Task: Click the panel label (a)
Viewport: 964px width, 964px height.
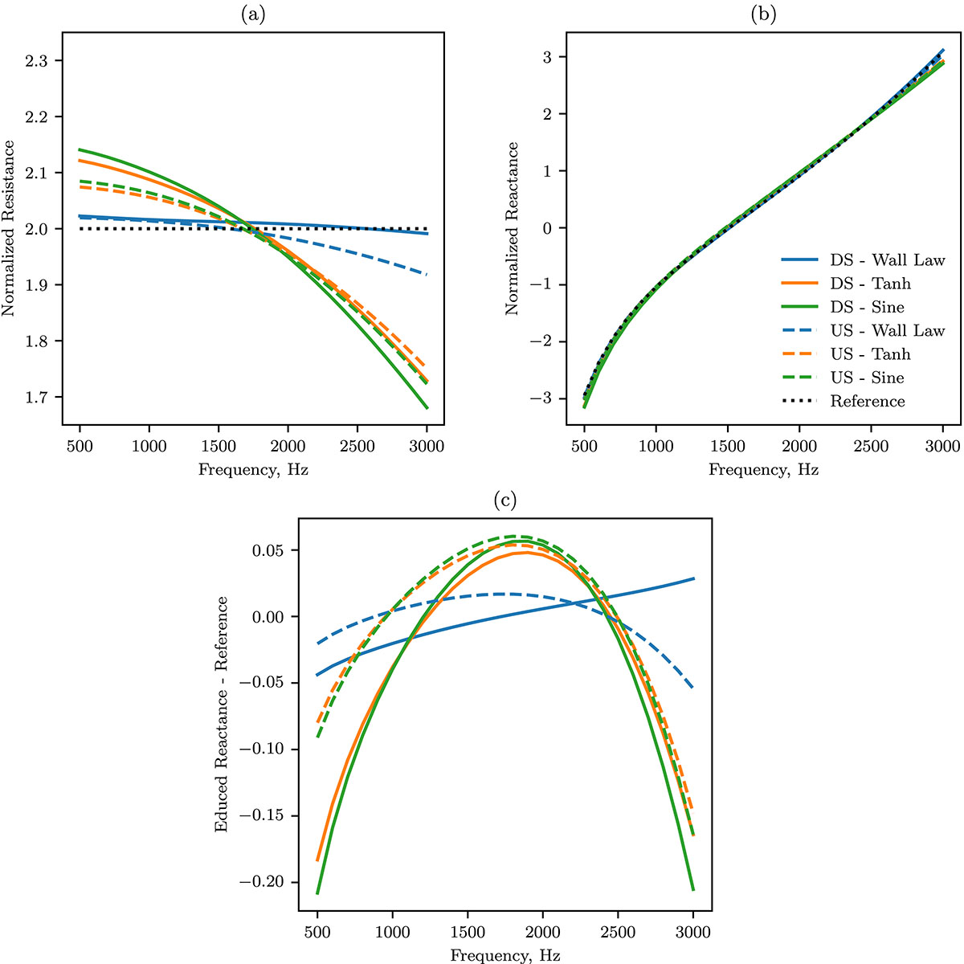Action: point(252,15)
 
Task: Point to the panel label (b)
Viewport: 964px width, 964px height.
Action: point(763,15)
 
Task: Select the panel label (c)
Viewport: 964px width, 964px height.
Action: point(504,500)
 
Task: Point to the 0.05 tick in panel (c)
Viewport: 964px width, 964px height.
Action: point(268,551)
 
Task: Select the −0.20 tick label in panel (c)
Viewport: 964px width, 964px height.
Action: point(262,882)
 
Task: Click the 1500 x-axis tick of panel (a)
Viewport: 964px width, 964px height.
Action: point(219,446)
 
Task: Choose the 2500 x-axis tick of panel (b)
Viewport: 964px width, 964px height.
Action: point(871,446)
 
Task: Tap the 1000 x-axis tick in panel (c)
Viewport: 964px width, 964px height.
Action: point(392,933)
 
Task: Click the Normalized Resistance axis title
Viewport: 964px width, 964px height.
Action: point(9,229)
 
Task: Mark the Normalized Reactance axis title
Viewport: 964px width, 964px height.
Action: point(512,229)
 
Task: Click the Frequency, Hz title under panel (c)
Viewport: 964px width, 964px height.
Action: point(504,955)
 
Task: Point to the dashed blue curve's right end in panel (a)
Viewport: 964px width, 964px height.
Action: point(427,274)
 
